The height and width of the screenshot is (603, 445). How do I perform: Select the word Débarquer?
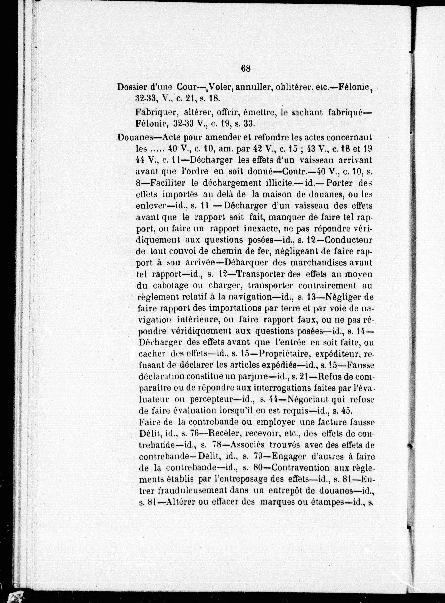[x=245, y=262]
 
